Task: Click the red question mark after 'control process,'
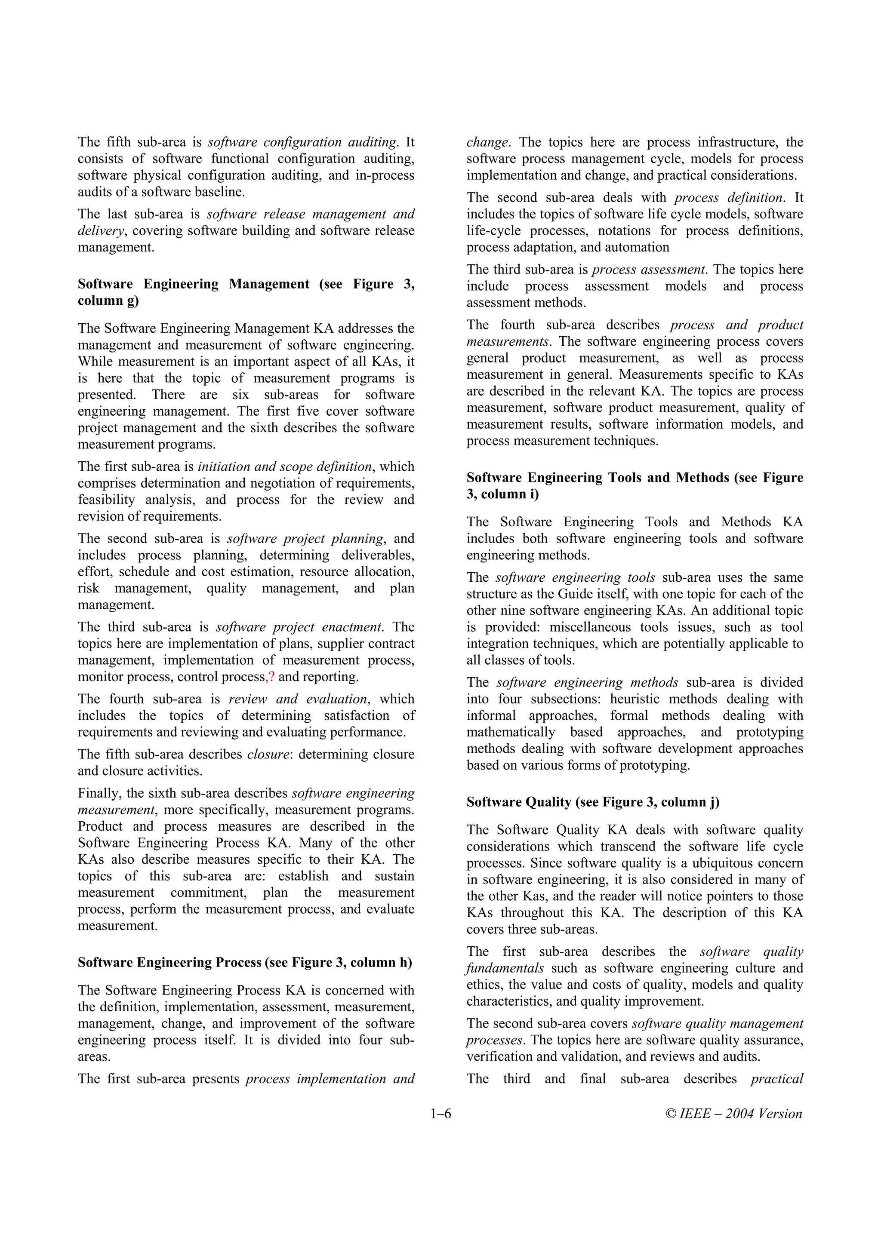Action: [x=272, y=677]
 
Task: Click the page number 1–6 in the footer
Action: [x=440, y=1114]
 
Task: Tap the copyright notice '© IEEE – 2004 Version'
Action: [x=734, y=1114]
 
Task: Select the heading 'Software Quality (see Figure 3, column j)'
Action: [x=593, y=802]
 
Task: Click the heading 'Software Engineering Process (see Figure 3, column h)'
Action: [x=245, y=962]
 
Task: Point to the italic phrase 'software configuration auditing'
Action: [x=302, y=142]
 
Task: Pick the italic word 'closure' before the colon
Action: [x=268, y=754]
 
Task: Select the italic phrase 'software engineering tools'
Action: [x=575, y=577]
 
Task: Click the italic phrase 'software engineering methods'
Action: [x=587, y=682]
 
